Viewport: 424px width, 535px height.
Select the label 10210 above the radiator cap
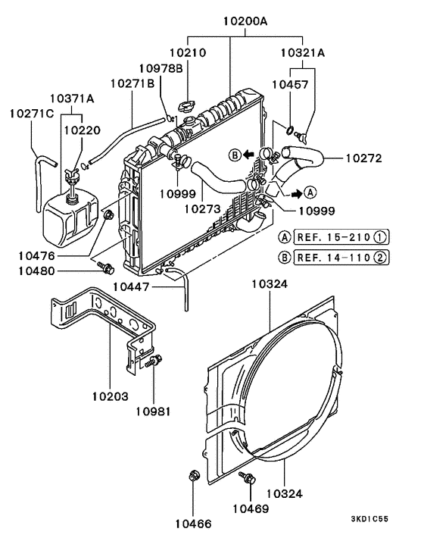coord(188,54)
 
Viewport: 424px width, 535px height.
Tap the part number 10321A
coord(303,54)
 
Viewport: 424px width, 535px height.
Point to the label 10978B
coord(162,69)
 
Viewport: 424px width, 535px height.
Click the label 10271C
coord(32,114)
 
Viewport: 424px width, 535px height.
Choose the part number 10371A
coord(72,99)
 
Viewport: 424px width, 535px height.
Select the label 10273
coord(202,206)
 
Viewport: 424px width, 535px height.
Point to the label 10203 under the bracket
coord(111,396)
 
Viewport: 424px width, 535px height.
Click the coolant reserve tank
coord(70,216)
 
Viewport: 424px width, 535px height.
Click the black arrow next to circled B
coord(248,155)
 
